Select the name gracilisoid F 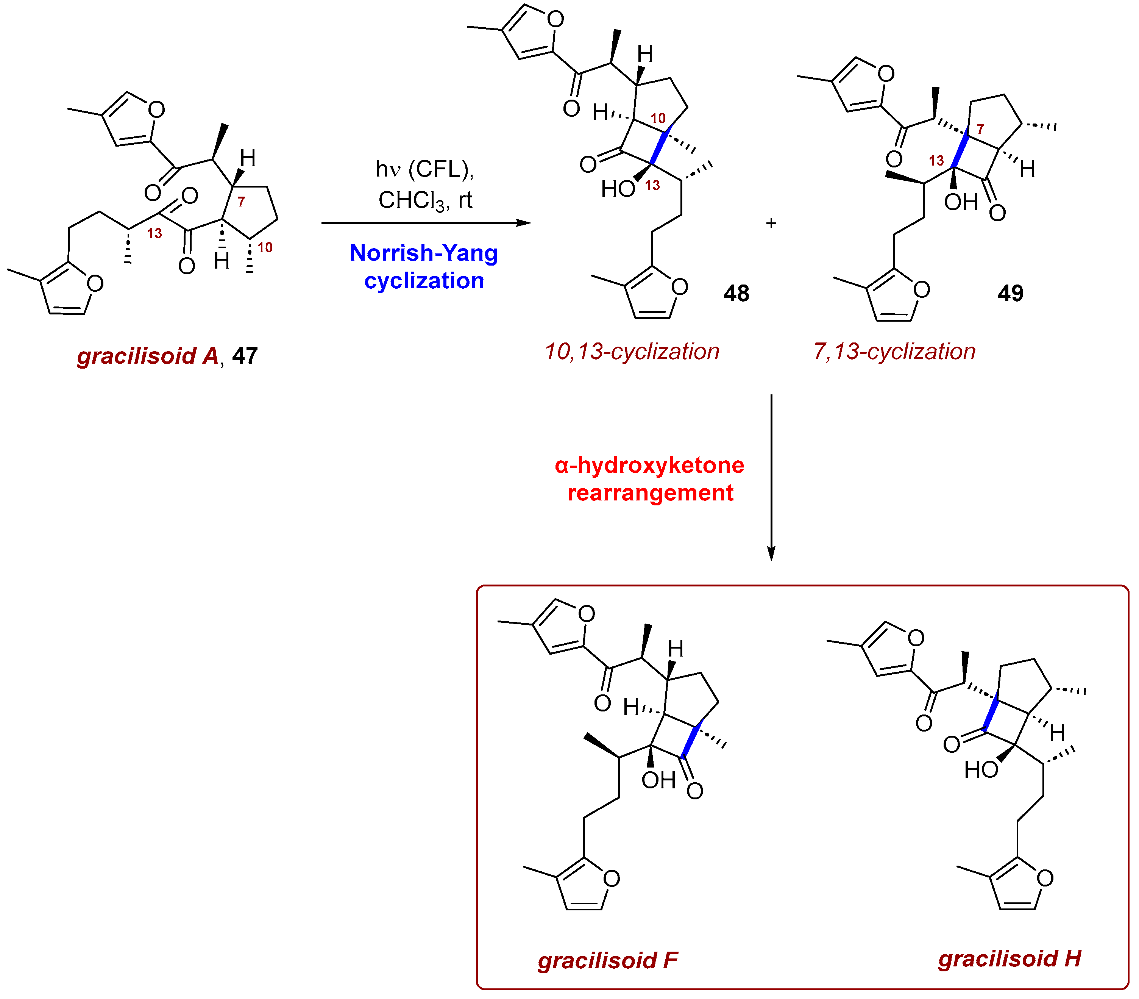[607, 960]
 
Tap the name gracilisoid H [1009, 958]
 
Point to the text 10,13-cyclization [632, 352]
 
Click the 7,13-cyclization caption [894, 352]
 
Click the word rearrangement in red [650, 493]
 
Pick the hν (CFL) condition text [424, 169]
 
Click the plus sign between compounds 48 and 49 [771, 224]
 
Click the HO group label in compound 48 [618, 189]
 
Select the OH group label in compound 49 [961, 202]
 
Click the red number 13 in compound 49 [936, 161]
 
